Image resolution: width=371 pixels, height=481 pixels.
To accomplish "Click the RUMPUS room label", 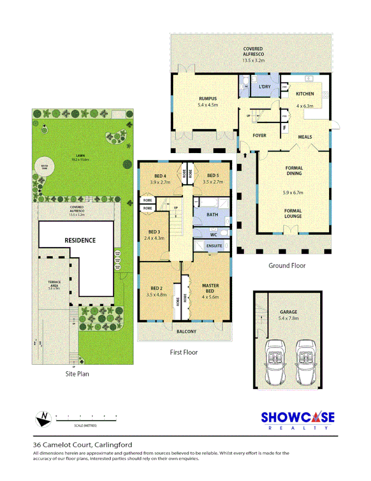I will pos(207,99).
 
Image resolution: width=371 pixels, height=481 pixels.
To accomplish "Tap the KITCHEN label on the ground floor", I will pos(305,94).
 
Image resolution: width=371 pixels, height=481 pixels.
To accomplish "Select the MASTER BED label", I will pos(210,288).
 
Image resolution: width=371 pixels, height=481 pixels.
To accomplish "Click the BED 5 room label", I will pos(213,175).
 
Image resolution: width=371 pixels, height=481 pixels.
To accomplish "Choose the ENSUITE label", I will pos(215,245).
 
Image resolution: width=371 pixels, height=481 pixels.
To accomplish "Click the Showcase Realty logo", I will pos(297,420).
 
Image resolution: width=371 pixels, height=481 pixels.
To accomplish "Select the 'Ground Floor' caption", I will pos(287,266).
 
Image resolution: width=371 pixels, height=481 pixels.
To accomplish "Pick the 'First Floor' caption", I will pos(183,352).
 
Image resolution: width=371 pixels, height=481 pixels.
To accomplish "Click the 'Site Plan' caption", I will pos(77,373).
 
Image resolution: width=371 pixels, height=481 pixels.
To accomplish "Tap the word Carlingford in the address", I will pos(112,445).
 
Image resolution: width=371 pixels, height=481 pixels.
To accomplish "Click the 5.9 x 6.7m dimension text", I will pos(293,193).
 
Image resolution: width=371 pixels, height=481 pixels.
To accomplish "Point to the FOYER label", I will pos(259,136).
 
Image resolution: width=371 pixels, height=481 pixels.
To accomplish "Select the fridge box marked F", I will pos(284,127).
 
